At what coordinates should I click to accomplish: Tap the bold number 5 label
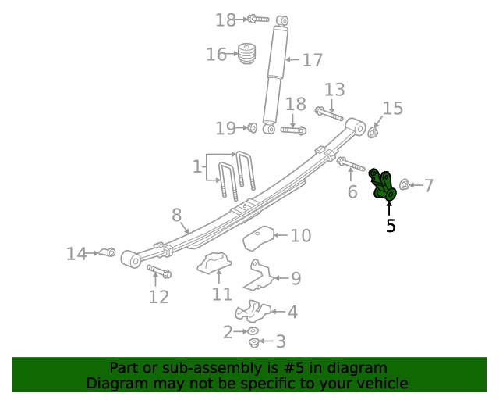point(391,226)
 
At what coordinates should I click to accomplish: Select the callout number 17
point(312,60)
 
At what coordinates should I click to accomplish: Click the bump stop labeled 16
point(247,54)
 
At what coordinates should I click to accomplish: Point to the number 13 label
point(334,89)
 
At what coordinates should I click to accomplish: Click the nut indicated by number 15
point(373,132)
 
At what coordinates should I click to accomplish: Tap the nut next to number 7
point(405,185)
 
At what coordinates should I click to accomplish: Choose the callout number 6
point(352,191)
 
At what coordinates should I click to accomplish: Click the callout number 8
point(177,214)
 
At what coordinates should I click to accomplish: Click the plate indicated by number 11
point(216,266)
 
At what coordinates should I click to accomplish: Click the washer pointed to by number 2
point(253,331)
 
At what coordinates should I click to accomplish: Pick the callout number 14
point(76,254)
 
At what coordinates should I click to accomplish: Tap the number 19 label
point(225,128)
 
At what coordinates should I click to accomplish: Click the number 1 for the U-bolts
point(196,166)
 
